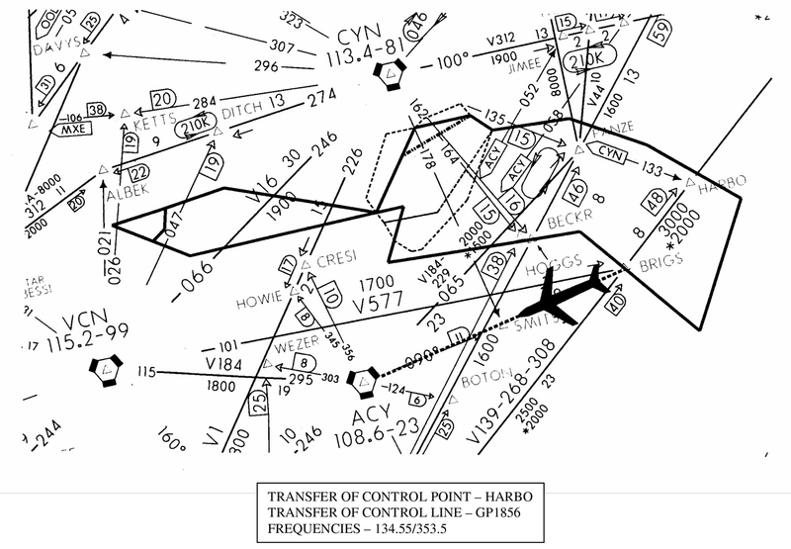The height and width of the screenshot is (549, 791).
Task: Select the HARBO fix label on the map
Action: click(722, 181)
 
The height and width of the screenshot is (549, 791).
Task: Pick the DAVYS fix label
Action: click(56, 47)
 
